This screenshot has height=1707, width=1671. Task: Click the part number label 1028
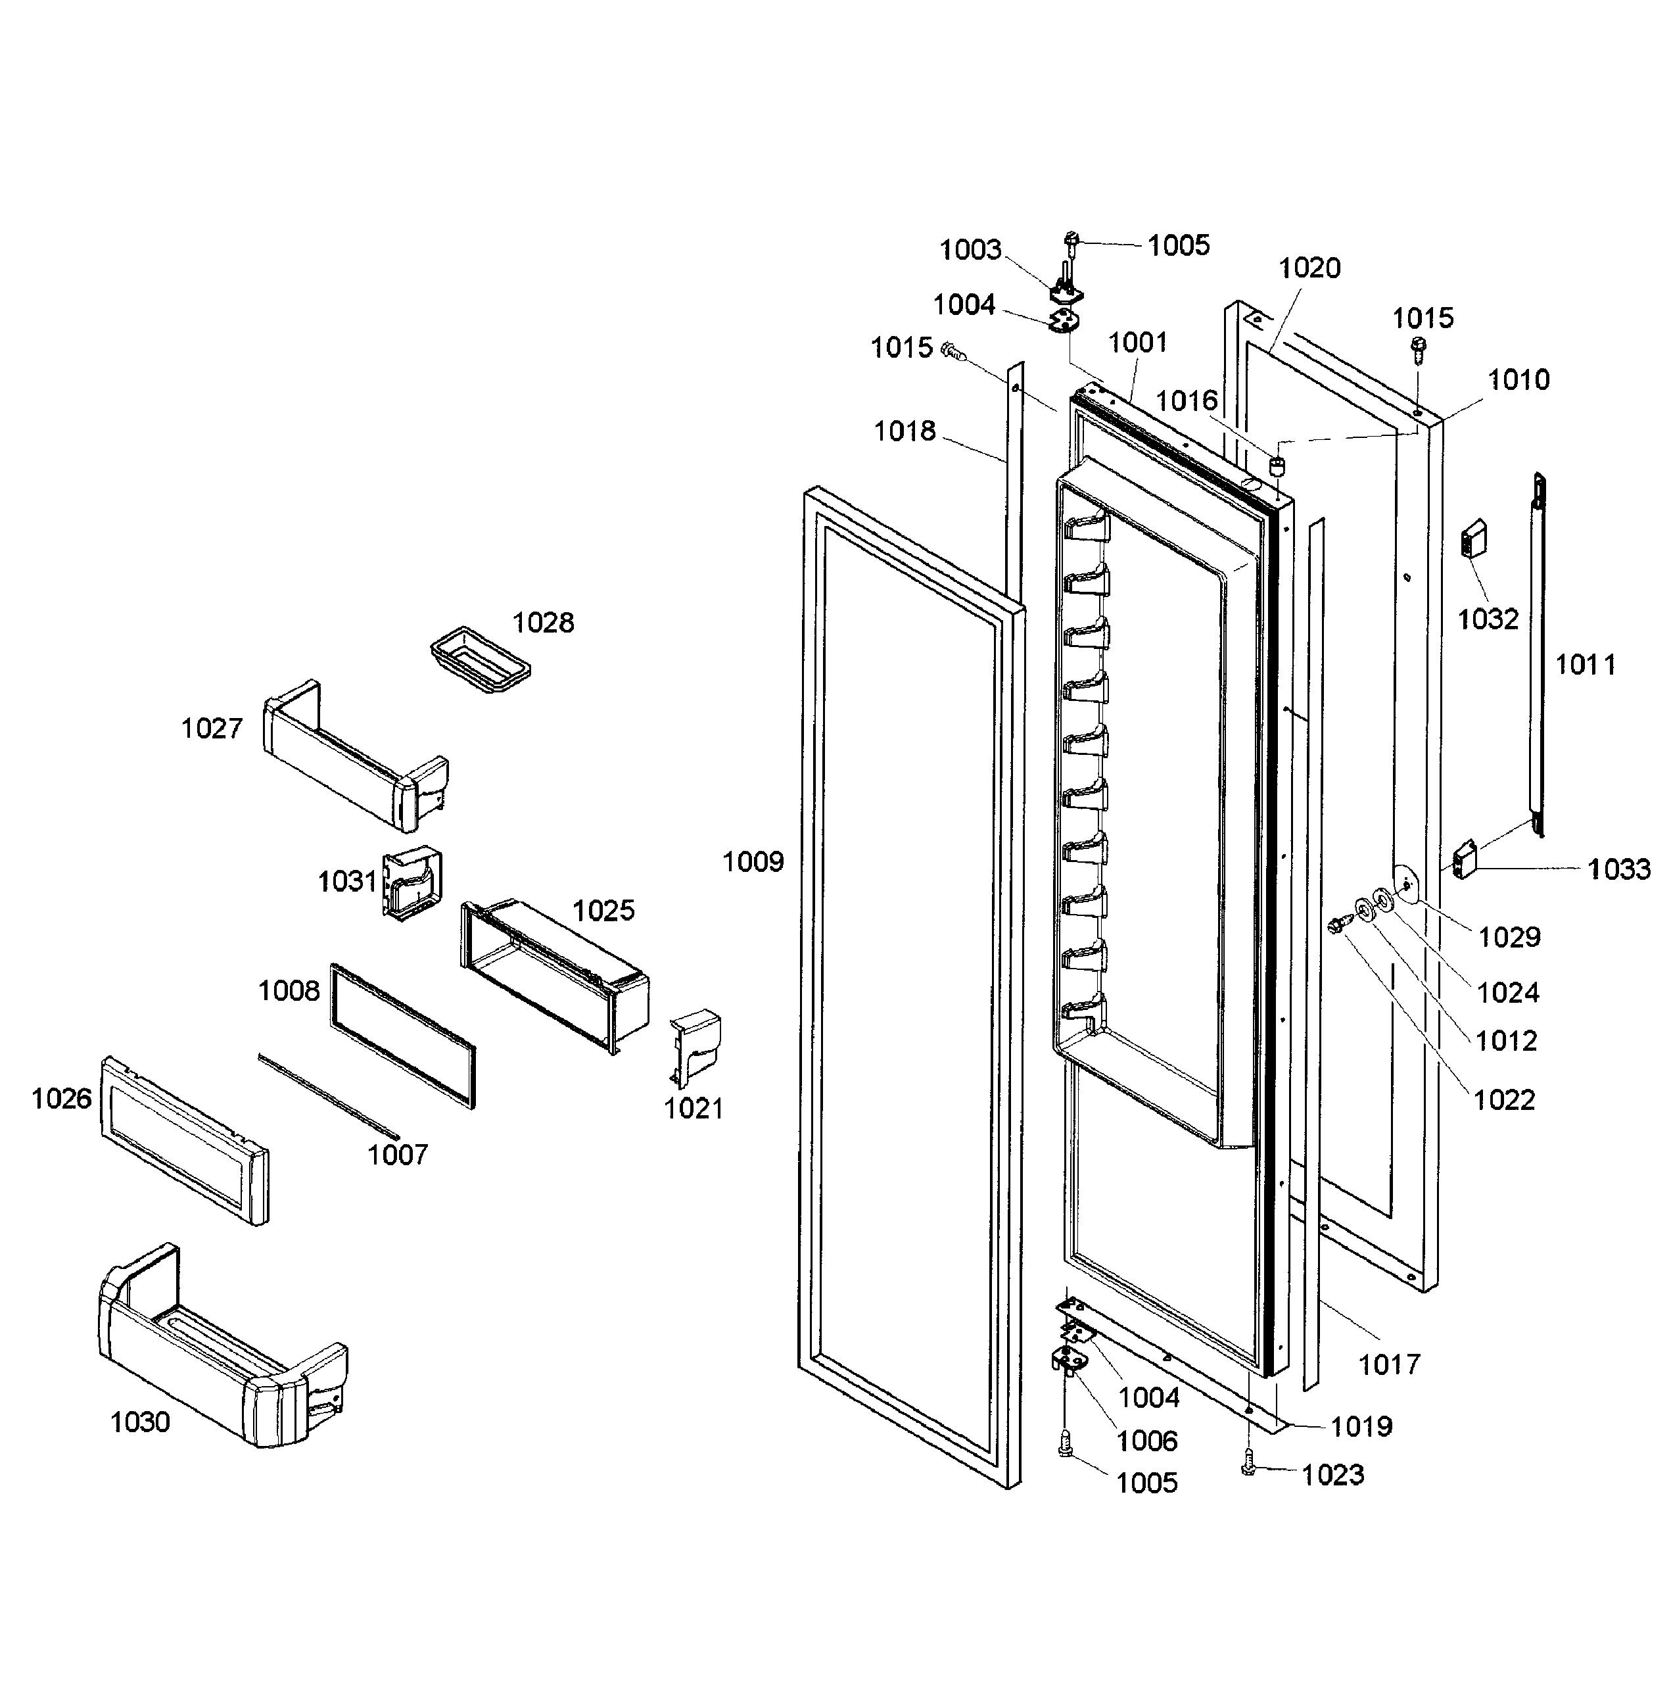pos(542,623)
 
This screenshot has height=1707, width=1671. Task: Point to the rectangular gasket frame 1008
pos(404,1036)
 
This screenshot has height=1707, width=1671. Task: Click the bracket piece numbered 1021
pos(695,1045)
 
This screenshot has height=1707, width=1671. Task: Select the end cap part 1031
pos(411,882)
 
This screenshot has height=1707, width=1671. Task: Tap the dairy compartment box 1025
pos(553,974)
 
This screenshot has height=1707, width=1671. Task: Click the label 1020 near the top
pos(1309,268)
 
